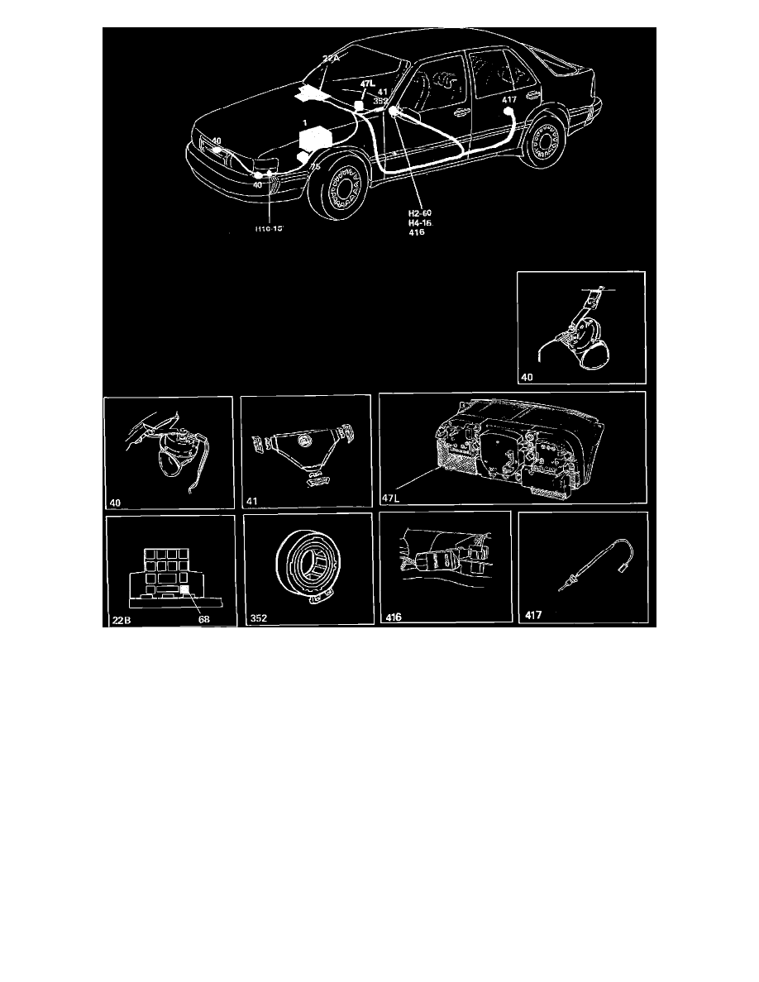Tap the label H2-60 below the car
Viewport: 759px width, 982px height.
point(409,212)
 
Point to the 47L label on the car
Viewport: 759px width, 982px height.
point(368,84)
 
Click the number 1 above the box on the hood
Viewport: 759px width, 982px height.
point(305,122)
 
